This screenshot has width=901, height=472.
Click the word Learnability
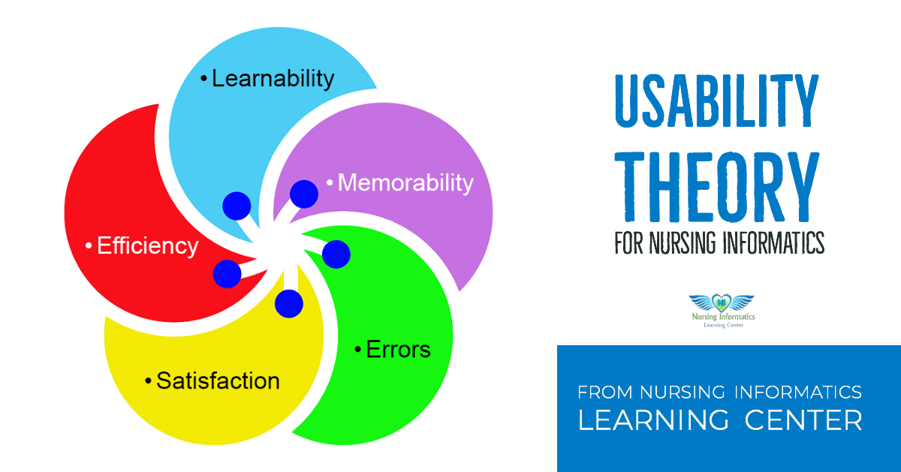click(x=273, y=78)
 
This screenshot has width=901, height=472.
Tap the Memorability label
click(x=405, y=182)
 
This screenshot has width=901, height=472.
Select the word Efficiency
click(x=148, y=246)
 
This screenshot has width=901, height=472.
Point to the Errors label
click(x=398, y=349)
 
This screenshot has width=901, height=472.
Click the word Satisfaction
click(x=218, y=380)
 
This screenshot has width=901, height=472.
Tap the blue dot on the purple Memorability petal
click(x=304, y=194)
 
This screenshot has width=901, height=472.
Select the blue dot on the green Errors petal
click(x=336, y=254)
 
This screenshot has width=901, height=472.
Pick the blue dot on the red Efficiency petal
click(x=227, y=274)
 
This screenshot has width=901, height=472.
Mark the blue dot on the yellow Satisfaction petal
click(x=288, y=303)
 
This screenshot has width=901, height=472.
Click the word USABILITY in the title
click(x=717, y=101)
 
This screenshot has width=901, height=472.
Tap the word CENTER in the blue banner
click(x=803, y=420)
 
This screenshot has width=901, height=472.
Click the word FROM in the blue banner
click(x=605, y=392)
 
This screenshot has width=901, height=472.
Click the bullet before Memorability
click(x=329, y=182)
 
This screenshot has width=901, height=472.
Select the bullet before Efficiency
click(x=89, y=246)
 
